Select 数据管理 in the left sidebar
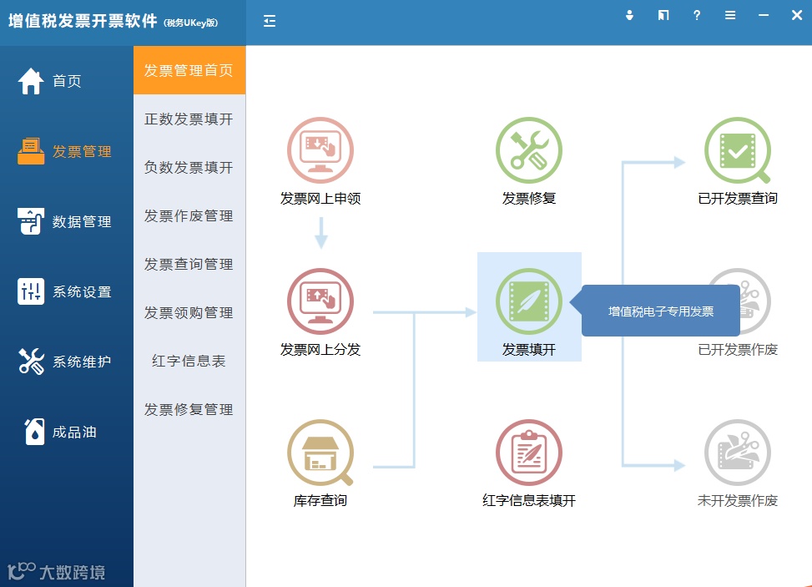pos(65,222)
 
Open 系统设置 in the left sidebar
pos(65,292)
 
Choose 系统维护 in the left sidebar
pos(65,362)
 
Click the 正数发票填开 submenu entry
pos(189,119)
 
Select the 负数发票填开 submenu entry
pos(189,168)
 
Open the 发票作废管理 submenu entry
pos(189,216)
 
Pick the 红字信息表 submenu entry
pos(189,362)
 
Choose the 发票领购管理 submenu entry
pos(189,313)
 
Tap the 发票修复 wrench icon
pos(529,150)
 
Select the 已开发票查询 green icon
pos(738,150)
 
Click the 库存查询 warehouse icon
pos(320,453)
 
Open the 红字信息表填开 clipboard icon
pos(529,453)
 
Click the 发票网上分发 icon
pos(320,301)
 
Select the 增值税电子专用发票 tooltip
pos(661,311)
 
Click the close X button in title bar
pos(796,16)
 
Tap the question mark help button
pos(697,16)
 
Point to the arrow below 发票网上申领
pos(321,233)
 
